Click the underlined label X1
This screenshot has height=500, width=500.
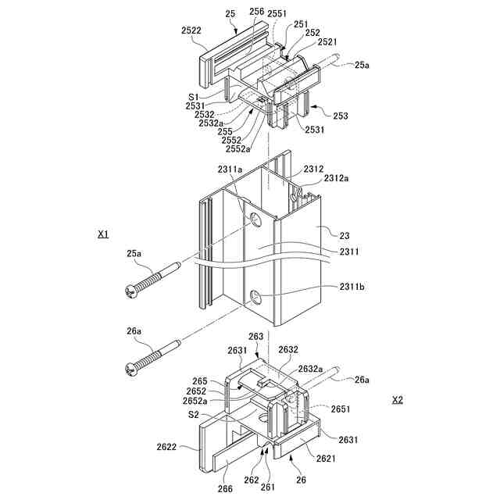coord(103,234)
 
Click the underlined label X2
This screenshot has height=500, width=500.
coord(397,399)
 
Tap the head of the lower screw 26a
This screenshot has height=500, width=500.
coord(130,365)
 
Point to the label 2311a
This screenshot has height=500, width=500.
coord(230,169)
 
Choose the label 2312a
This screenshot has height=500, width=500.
coord(338,179)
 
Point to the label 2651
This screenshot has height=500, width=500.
coord(341,409)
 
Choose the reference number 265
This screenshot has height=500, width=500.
coord(200,380)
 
